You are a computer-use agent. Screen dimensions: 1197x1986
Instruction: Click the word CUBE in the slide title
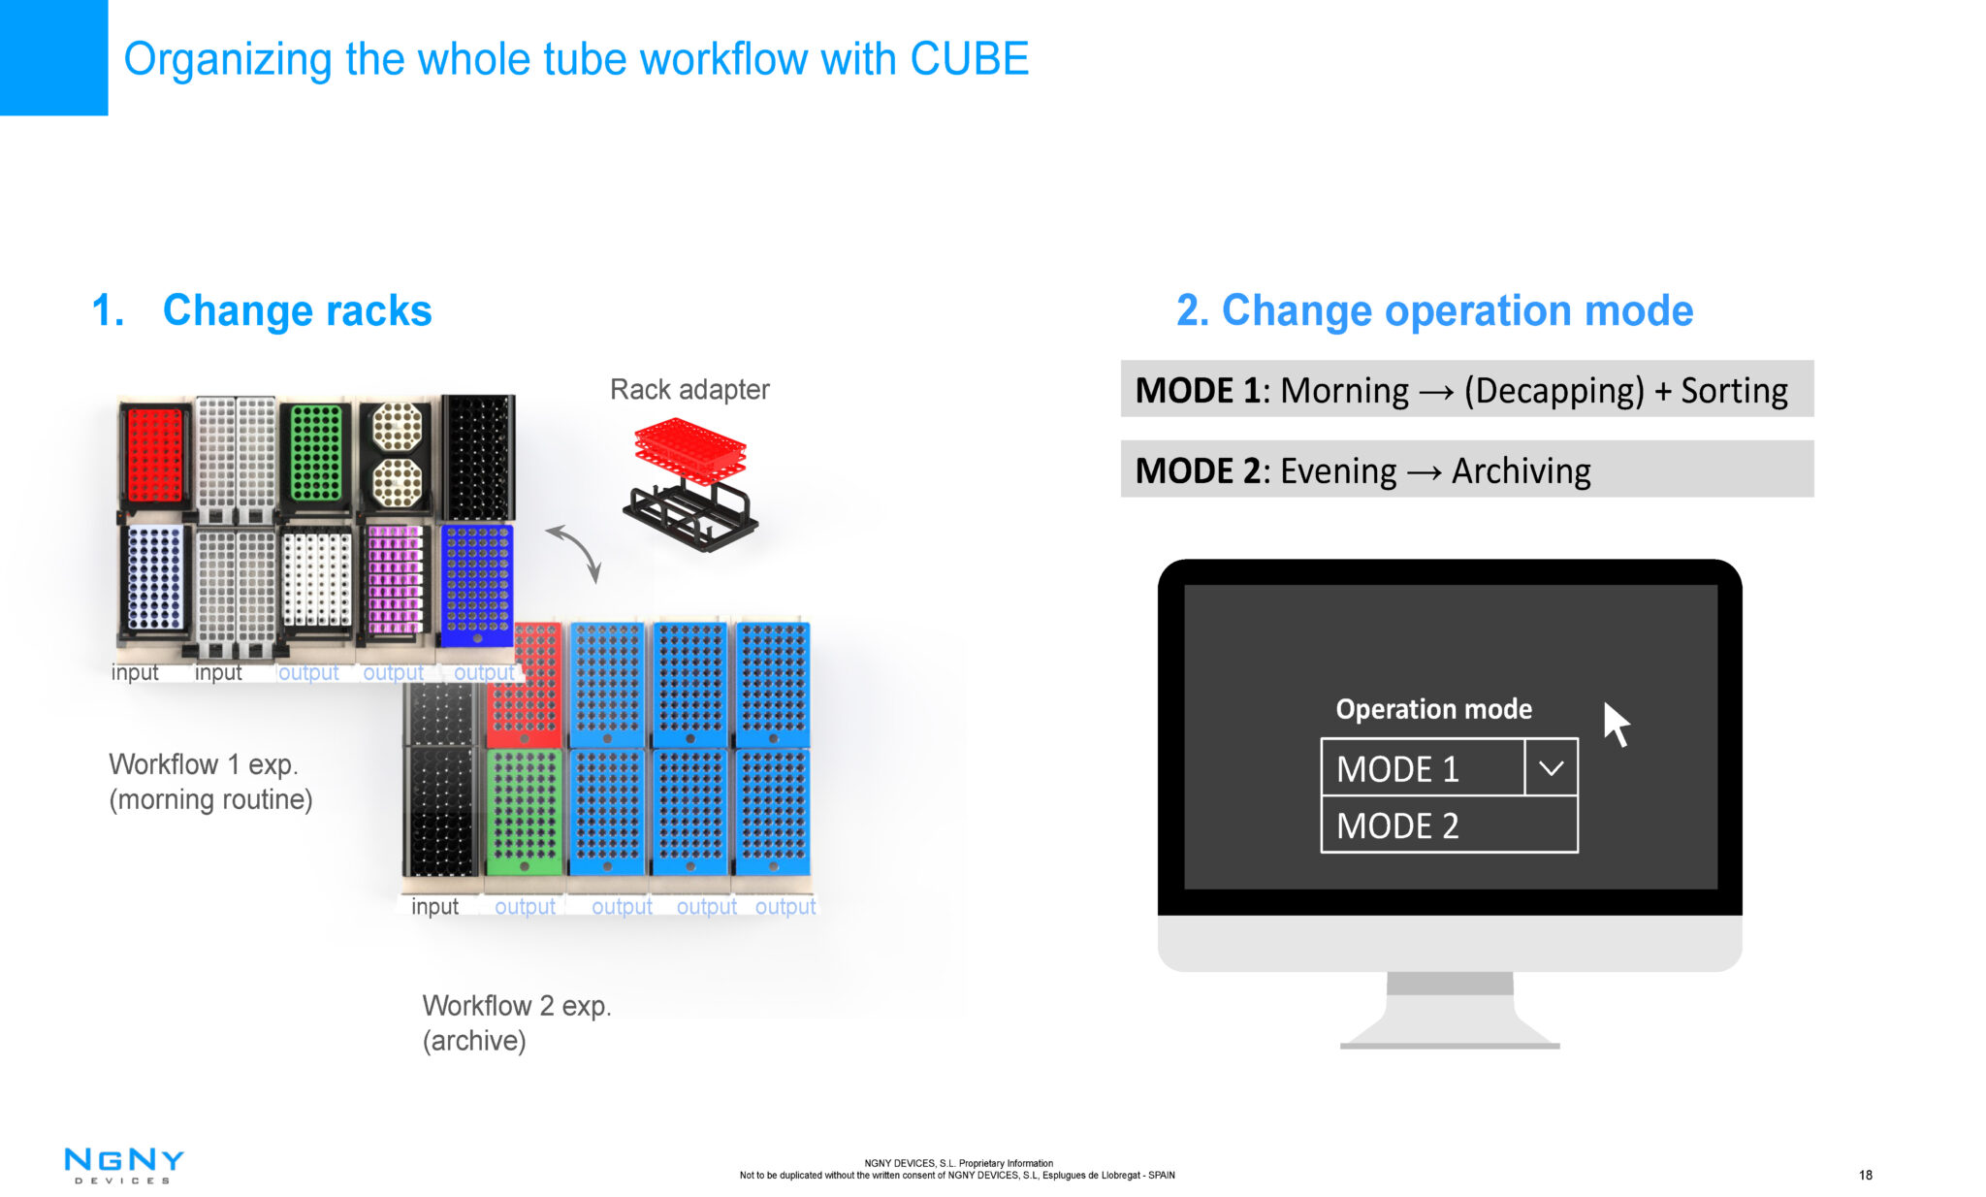[969, 59]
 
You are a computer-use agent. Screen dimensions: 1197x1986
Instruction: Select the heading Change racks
[296, 310]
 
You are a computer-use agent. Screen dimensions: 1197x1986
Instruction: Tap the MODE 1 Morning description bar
[1466, 389]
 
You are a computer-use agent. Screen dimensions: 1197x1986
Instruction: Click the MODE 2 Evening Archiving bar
[1466, 469]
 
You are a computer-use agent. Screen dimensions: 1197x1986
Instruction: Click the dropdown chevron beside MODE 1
[1551, 768]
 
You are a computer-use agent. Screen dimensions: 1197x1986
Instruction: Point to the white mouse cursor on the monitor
[1615, 724]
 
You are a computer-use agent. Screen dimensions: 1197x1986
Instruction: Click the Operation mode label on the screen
[1433, 709]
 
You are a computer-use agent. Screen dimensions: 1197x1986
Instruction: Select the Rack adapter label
[689, 389]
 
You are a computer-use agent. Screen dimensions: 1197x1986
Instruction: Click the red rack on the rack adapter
[690, 446]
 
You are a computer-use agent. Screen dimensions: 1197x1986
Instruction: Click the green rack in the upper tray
[316, 453]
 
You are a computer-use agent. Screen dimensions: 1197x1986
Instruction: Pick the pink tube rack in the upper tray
[395, 579]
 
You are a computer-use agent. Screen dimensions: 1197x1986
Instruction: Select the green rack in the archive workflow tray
[524, 811]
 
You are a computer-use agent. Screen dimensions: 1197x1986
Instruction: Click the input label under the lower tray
[434, 906]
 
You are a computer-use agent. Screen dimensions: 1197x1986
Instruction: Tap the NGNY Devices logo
[123, 1165]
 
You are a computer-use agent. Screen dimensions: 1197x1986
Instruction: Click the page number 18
[1865, 1175]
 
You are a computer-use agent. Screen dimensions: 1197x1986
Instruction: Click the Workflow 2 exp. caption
[516, 1006]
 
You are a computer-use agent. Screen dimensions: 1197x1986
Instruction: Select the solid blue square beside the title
[53, 57]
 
